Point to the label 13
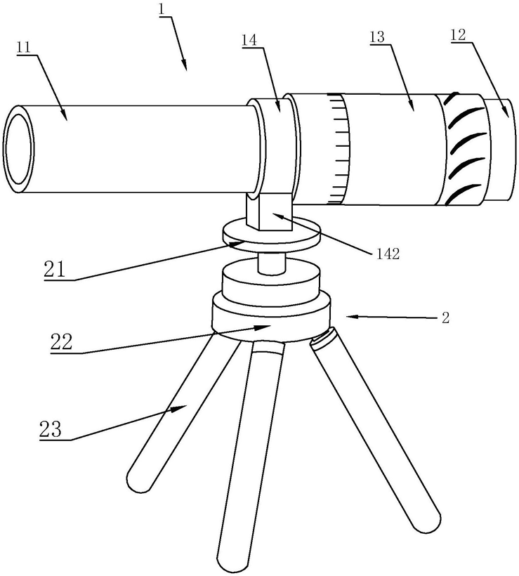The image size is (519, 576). tap(378, 37)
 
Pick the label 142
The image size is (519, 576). tap(387, 254)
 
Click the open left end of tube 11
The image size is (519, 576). tap(19, 148)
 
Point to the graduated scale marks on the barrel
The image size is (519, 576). tap(339, 148)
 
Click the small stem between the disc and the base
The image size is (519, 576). tap(272, 263)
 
